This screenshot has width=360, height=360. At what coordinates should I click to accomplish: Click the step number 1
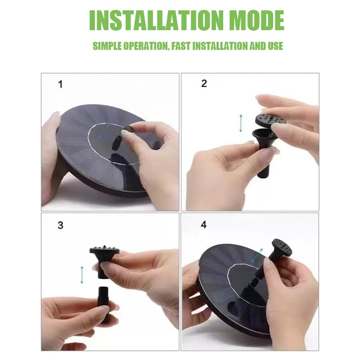[61, 85]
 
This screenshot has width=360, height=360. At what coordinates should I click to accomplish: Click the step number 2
[204, 84]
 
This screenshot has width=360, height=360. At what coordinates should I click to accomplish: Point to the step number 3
[60, 225]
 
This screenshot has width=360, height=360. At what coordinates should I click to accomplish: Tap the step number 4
[204, 225]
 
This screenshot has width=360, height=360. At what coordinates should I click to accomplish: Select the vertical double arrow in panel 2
[241, 123]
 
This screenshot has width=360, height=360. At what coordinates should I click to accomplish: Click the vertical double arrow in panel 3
[82, 274]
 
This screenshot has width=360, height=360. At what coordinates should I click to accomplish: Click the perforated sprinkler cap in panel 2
[271, 119]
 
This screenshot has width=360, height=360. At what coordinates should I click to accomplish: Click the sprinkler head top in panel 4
[280, 248]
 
